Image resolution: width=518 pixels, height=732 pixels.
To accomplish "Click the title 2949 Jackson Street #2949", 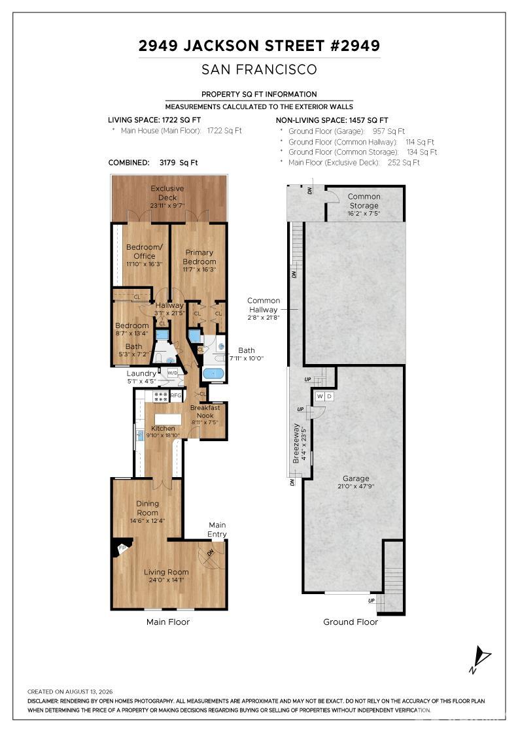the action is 259,46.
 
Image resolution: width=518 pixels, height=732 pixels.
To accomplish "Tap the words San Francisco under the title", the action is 259,69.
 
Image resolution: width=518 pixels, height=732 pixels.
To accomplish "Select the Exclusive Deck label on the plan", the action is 167,193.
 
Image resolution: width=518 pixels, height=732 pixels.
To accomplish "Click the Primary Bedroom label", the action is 199,257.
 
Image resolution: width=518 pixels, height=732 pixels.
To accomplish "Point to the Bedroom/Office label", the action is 145,251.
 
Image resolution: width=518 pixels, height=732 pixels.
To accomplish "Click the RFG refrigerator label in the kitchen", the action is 176,395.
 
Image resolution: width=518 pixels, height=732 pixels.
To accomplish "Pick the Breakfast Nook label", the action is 205,411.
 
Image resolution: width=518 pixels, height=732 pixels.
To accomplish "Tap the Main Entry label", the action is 217,529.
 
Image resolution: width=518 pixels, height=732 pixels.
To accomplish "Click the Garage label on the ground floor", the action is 356,478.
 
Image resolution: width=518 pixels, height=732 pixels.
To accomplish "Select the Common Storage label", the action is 364,201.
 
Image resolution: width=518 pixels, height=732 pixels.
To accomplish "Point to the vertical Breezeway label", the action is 296,444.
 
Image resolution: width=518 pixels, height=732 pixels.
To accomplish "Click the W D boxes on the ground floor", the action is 324,396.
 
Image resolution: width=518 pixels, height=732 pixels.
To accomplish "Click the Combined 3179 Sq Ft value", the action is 179,163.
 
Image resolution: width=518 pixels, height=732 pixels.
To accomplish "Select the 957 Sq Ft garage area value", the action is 389,131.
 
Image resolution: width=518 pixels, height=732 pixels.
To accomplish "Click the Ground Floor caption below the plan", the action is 351,622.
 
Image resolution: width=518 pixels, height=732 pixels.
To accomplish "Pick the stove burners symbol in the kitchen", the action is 161,396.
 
